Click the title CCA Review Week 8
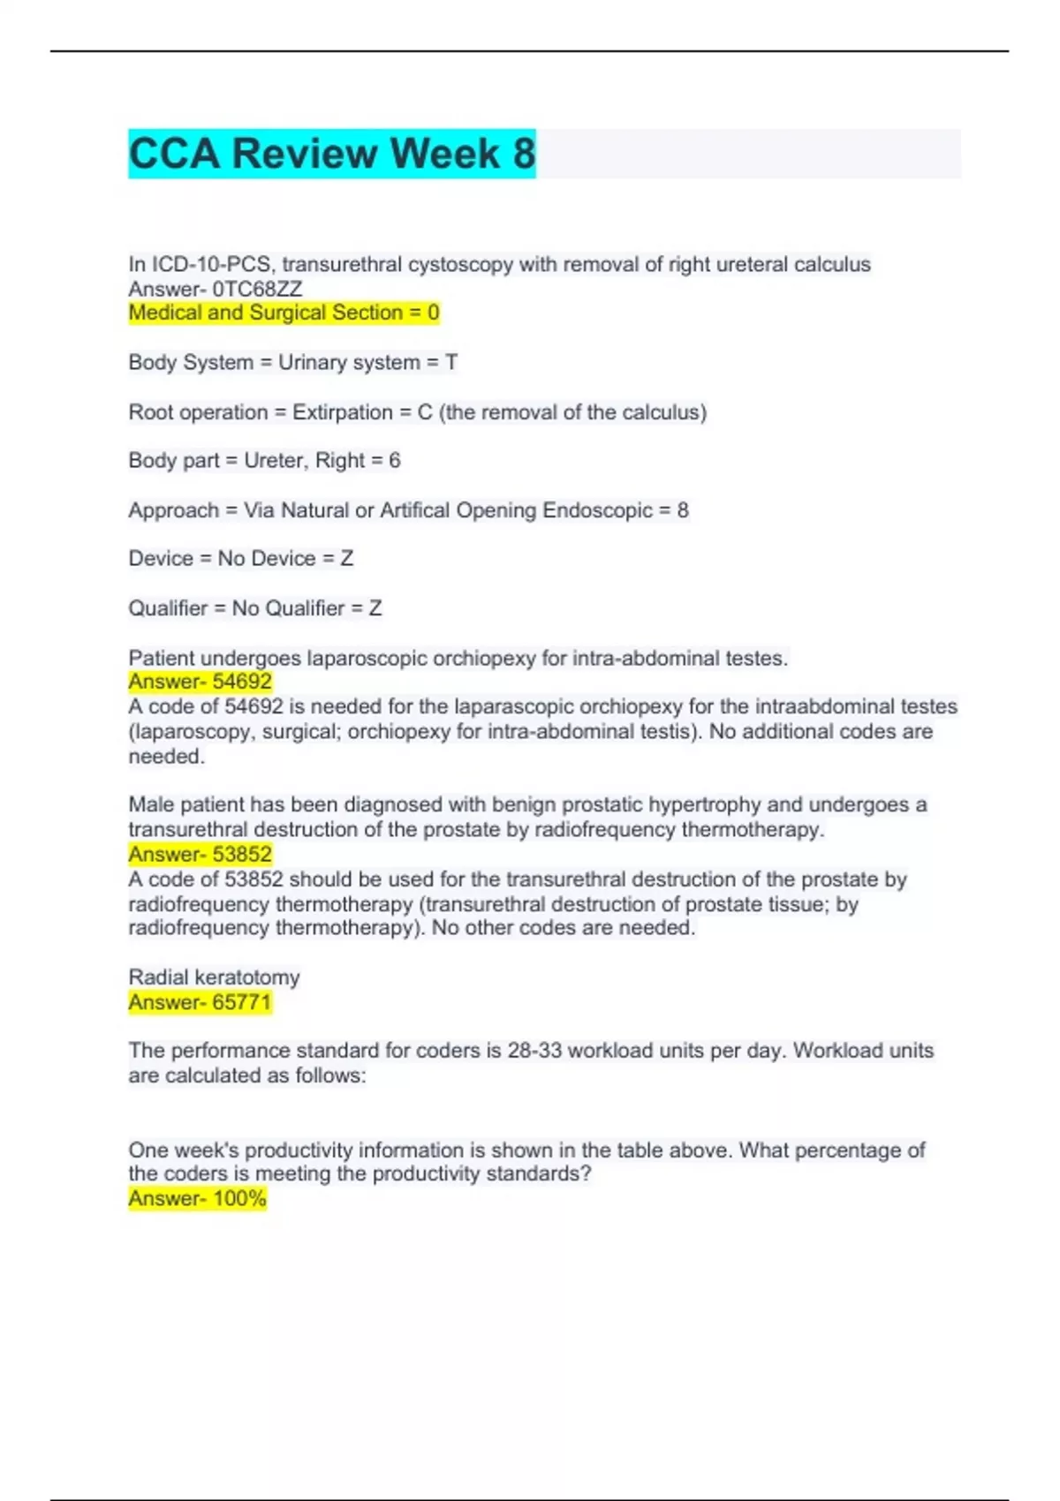click(332, 154)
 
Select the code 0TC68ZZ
click(257, 289)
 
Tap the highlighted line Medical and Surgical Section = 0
click(284, 313)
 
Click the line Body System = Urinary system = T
click(292, 362)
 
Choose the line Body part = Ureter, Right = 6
click(264, 460)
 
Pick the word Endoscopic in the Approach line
click(597, 510)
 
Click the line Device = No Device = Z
click(240, 558)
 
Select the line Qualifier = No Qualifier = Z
click(254, 608)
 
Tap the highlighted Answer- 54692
click(200, 682)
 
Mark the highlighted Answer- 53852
click(200, 854)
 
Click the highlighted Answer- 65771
click(200, 1002)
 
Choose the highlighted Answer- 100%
click(197, 1198)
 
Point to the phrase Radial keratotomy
click(214, 977)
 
